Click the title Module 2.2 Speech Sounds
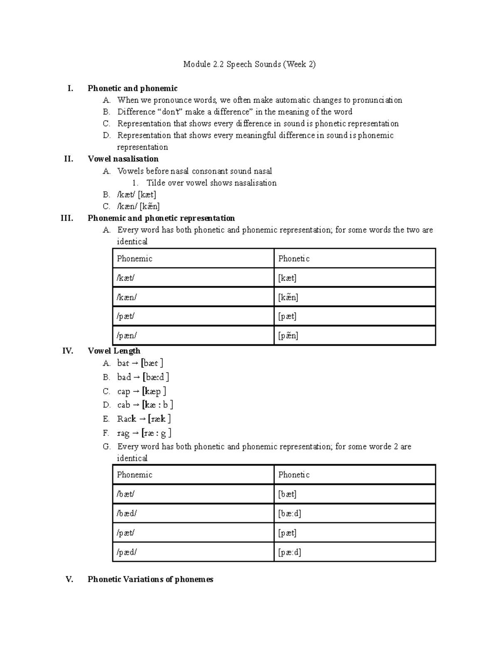point(249,64)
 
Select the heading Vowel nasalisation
point(123,159)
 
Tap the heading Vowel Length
point(114,351)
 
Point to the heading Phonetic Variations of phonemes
point(150,579)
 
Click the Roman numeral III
point(67,218)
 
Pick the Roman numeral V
point(69,579)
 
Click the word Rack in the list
point(126,419)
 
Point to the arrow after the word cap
point(136,391)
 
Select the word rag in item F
point(123,433)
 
